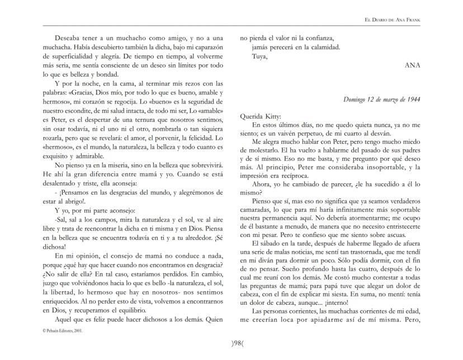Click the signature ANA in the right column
click(x=412, y=65)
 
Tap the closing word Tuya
click(x=259, y=56)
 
